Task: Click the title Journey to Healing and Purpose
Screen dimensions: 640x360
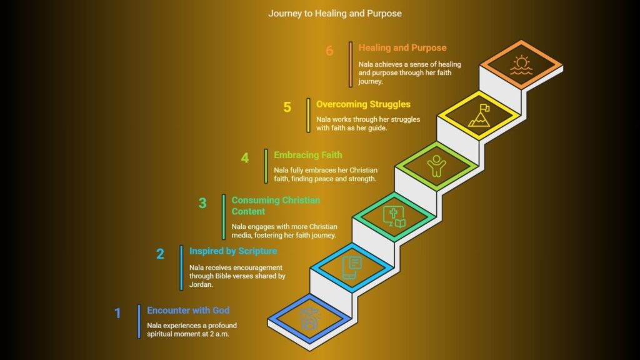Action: pyautogui.click(x=335, y=14)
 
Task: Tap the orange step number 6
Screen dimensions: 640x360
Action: pyautogui.click(x=329, y=51)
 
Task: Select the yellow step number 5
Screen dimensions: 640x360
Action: pyautogui.click(x=287, y=107)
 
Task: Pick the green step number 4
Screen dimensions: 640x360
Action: pyautogui.click(x=244, y=157)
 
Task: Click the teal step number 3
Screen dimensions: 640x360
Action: pyautogui.click(x=202, y=203)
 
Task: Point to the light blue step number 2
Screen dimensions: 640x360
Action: pyautogui.click(x=160, y=254)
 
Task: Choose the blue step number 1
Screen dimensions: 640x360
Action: pyautogui.click(x=117, y=313)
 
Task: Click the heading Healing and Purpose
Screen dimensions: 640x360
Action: pyautogui.click(x=402, y=47)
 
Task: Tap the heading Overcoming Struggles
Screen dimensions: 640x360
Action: pyautogui.click(x=363, y=104)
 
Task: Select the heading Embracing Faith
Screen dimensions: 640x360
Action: pyautogui.click(x=307, y=155)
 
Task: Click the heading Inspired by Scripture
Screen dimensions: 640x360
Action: pyautogui.click(x=233, y=251)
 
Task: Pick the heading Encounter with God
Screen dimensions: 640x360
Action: pyautogui.click(x=188, y=310)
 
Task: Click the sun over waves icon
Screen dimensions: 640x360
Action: pyautogui.click(x=521, y=65)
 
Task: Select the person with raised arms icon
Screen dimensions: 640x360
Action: pyautogui.click(x=436, y=166)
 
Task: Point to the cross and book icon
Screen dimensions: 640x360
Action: pyautogui.click(x=394, y=216)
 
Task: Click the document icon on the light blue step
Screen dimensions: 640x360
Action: pyautogui.click(x=352, y=267)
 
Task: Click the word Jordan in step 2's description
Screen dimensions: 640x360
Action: pyautogui.click(x=201, y=284)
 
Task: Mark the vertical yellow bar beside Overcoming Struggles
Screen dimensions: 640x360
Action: pyautogui.click(x=308, y=115)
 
